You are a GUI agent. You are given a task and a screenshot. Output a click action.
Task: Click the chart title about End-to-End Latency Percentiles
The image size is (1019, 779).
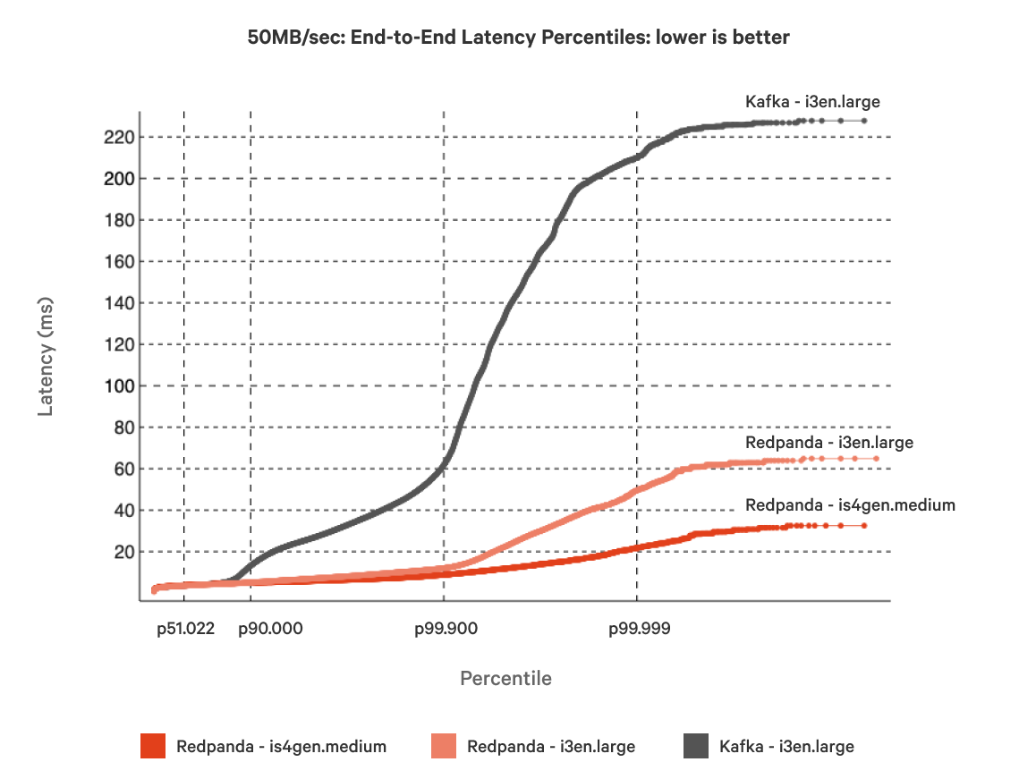(x=518, y=37)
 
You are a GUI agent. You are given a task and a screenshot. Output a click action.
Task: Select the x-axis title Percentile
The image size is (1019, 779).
(x=505, y=678)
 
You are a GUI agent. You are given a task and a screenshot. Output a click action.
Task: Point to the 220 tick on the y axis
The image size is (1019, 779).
(x=118, y=137)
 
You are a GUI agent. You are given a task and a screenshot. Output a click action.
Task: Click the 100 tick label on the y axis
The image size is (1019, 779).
(x=118, y=386)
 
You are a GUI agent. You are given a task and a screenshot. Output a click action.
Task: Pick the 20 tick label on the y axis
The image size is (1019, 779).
(x=123, y=552)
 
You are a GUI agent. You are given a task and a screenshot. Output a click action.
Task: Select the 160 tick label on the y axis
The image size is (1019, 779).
(x=118, y=262)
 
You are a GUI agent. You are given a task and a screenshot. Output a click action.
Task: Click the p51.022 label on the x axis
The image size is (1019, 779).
(x=185, y=629)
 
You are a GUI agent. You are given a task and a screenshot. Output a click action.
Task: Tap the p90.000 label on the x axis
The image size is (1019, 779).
(x=270, y=629)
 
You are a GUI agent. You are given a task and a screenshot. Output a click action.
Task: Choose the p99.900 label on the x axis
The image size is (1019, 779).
(x=446, y=629)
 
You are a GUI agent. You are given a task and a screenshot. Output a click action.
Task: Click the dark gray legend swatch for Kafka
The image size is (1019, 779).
(x=696, y=746)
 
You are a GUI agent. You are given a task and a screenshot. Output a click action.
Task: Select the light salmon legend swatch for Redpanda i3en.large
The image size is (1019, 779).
(x=444, y=746)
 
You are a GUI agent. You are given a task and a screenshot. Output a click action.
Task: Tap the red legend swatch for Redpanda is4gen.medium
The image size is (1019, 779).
(x=153, y=746)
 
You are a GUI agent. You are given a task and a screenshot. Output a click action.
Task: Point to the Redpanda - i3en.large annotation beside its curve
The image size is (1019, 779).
(x=828, y=442)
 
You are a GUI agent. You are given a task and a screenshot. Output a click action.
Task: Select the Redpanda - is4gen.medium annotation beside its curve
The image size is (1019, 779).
(x=850, y=505)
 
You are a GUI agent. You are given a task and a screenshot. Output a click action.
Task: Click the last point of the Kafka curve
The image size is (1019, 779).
(x=864, y=120)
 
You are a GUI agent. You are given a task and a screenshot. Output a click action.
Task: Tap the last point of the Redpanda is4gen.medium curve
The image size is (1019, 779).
(x=864, y=526)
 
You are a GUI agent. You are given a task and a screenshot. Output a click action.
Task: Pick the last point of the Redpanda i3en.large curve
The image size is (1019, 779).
(x=876, y=459)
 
